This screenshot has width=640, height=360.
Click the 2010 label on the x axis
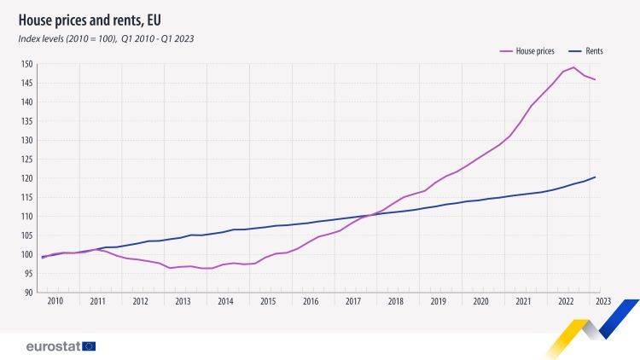[x=55, y=301]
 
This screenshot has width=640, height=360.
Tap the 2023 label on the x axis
[x=602, y=301]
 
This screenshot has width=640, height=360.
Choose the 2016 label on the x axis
[x=311, y=301]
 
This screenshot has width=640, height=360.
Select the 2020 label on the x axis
[x=480, y=301]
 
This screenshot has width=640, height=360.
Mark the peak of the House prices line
[x=573, y=67]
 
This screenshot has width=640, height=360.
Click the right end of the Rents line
[x=595, y=177]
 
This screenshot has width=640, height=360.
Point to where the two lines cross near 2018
[x=372, y=214]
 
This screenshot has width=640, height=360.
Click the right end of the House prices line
[x=595, y=79]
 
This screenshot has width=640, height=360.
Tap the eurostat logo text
[x=53, y=345]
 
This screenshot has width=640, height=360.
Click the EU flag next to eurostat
[x=89, y=345]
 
